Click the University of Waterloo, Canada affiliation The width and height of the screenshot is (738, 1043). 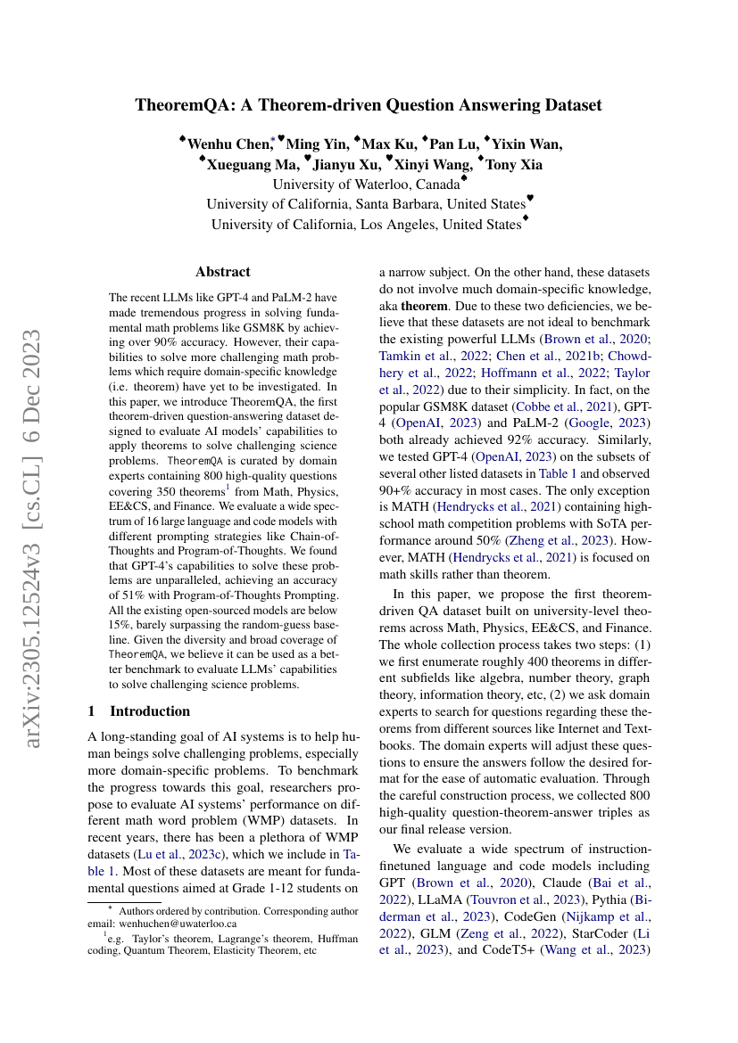(x=365, y=185)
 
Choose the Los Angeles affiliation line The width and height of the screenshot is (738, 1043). (x=366, y=224)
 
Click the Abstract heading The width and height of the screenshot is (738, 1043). (x=223, y=272)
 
